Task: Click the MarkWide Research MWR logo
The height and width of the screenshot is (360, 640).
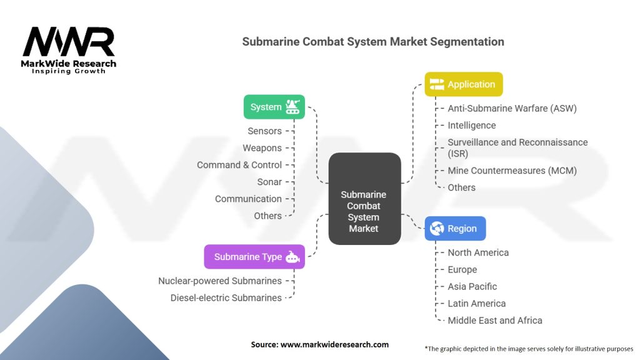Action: point(69,49)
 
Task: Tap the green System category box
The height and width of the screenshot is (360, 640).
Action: point(274,107)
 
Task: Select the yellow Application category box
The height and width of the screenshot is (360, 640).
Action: point(463,84)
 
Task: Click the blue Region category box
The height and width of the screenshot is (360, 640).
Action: point(455,229)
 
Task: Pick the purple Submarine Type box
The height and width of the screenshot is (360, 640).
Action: point(254,257)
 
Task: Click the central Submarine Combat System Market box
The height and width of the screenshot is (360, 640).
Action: point(364,211)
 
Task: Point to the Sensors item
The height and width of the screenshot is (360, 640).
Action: point(264,131)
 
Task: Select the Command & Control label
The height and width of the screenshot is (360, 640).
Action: point(239,165)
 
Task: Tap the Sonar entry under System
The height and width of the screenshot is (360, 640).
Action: point(269,182)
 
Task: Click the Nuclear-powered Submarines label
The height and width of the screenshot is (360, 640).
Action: point(220,281)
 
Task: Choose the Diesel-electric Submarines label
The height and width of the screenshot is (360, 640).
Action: point(226,298)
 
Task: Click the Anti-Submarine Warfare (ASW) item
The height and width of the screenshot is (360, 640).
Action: point(512,108)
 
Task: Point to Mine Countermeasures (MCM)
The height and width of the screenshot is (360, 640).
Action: point(512,171)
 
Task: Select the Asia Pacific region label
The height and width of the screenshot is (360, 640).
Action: point(472,286)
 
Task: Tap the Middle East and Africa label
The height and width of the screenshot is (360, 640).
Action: point(495,321)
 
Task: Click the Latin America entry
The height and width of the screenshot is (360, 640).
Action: point(476,303)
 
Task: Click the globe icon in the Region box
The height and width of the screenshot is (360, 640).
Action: point(437,229)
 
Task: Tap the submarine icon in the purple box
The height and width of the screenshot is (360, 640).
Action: point(292,257)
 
